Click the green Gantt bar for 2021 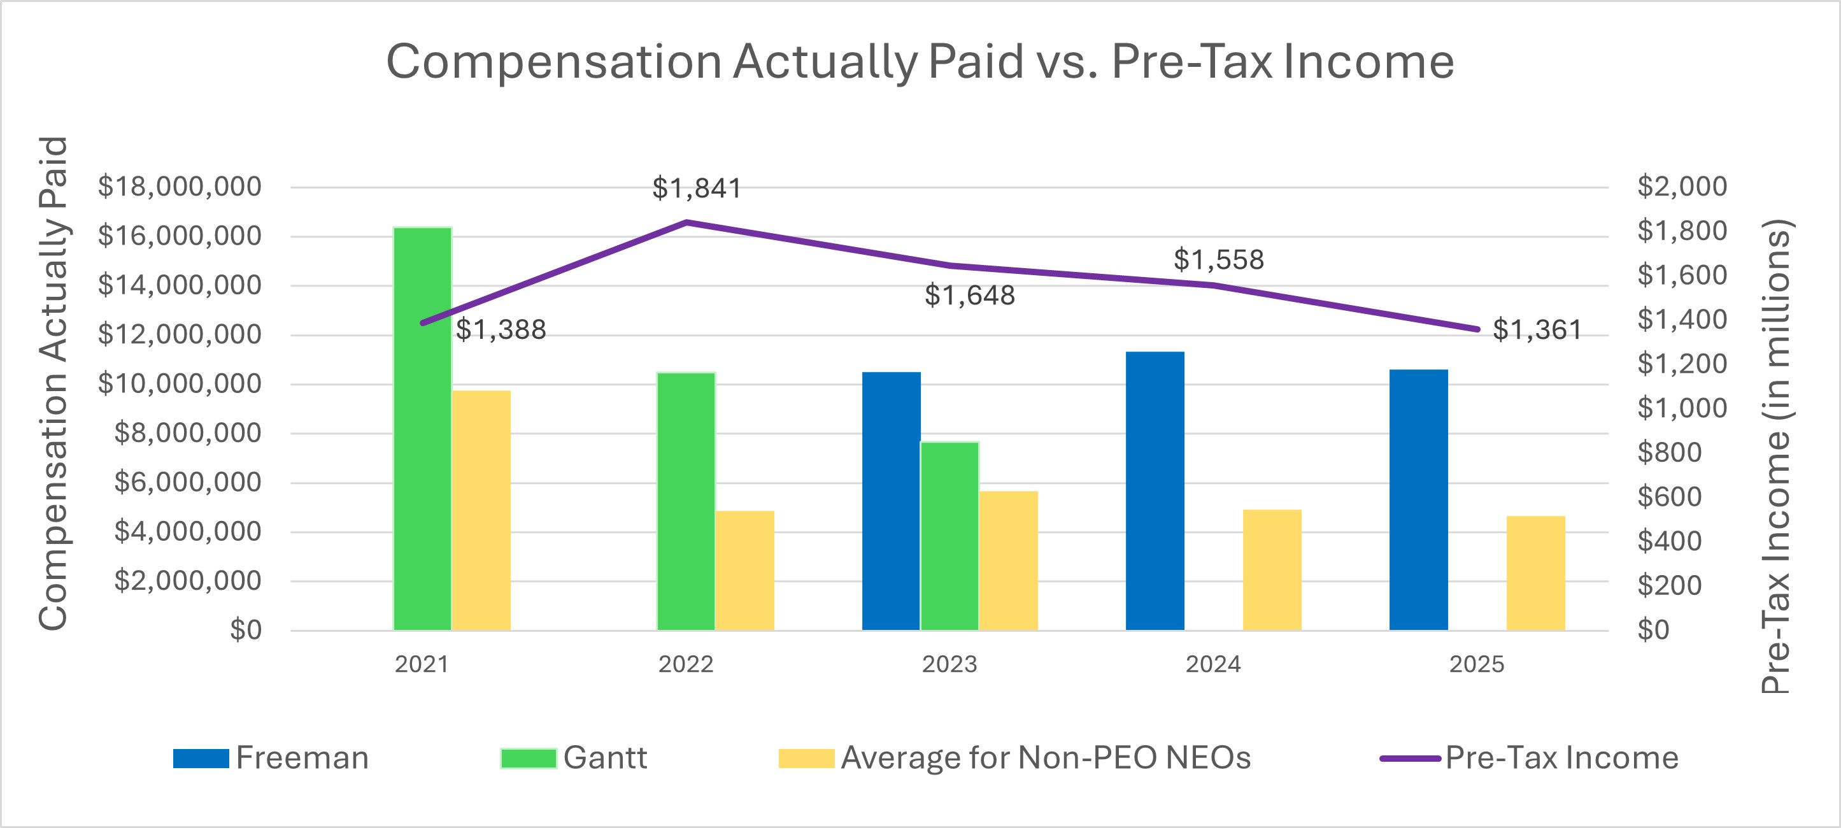pos(422,429)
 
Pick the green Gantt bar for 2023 pos(950,536)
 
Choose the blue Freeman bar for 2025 pos(1419,500)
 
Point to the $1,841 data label pos(697,189)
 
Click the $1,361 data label pos(1537,331)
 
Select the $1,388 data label pos(501,330)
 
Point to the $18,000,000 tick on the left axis pos(180,187)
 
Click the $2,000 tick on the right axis pos(1682,187)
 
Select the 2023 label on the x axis pos(949,664)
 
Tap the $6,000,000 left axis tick pos(187,483)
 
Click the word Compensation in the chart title pos(554,62)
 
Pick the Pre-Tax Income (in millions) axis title pos(1775,456)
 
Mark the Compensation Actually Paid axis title pos(53,383)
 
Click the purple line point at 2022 pos(686,222)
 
